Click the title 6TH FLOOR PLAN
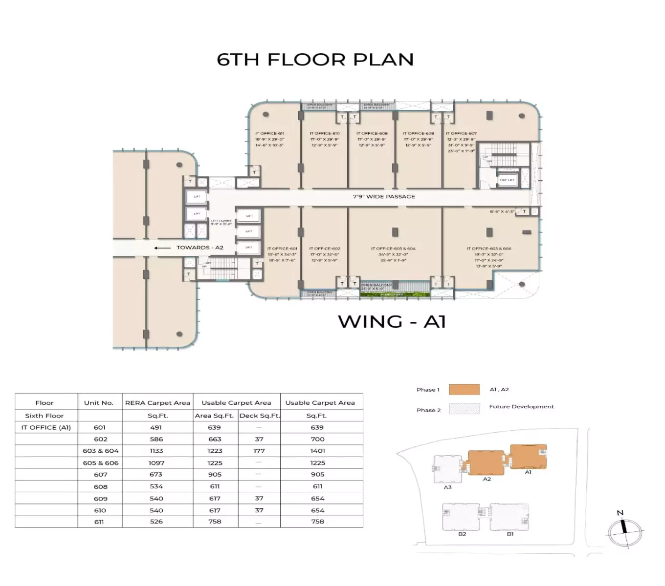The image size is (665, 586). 315,60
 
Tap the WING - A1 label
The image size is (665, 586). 392,321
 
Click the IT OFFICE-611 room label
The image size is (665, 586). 269,133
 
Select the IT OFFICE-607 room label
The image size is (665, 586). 461,133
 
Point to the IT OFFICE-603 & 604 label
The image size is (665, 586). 393,249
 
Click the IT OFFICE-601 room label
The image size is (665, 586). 282,249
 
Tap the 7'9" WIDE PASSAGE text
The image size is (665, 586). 384,197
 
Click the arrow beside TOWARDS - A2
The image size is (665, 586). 162,248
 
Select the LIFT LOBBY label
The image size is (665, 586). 221,221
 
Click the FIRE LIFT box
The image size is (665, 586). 507,180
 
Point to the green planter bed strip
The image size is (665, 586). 395,294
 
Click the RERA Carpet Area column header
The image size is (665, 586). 157,403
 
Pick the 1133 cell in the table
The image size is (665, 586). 156,451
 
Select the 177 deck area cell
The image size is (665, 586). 259,451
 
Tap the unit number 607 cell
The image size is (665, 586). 100,474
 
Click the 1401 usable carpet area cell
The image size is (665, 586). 317,451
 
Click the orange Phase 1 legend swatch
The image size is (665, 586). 464,390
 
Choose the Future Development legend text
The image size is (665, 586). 521,406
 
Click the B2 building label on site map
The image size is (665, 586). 462,534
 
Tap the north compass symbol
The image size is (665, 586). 624,531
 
